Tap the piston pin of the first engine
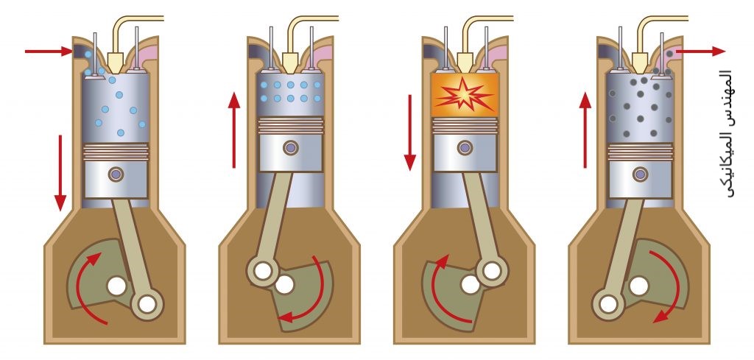116,174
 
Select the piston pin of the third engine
465,148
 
